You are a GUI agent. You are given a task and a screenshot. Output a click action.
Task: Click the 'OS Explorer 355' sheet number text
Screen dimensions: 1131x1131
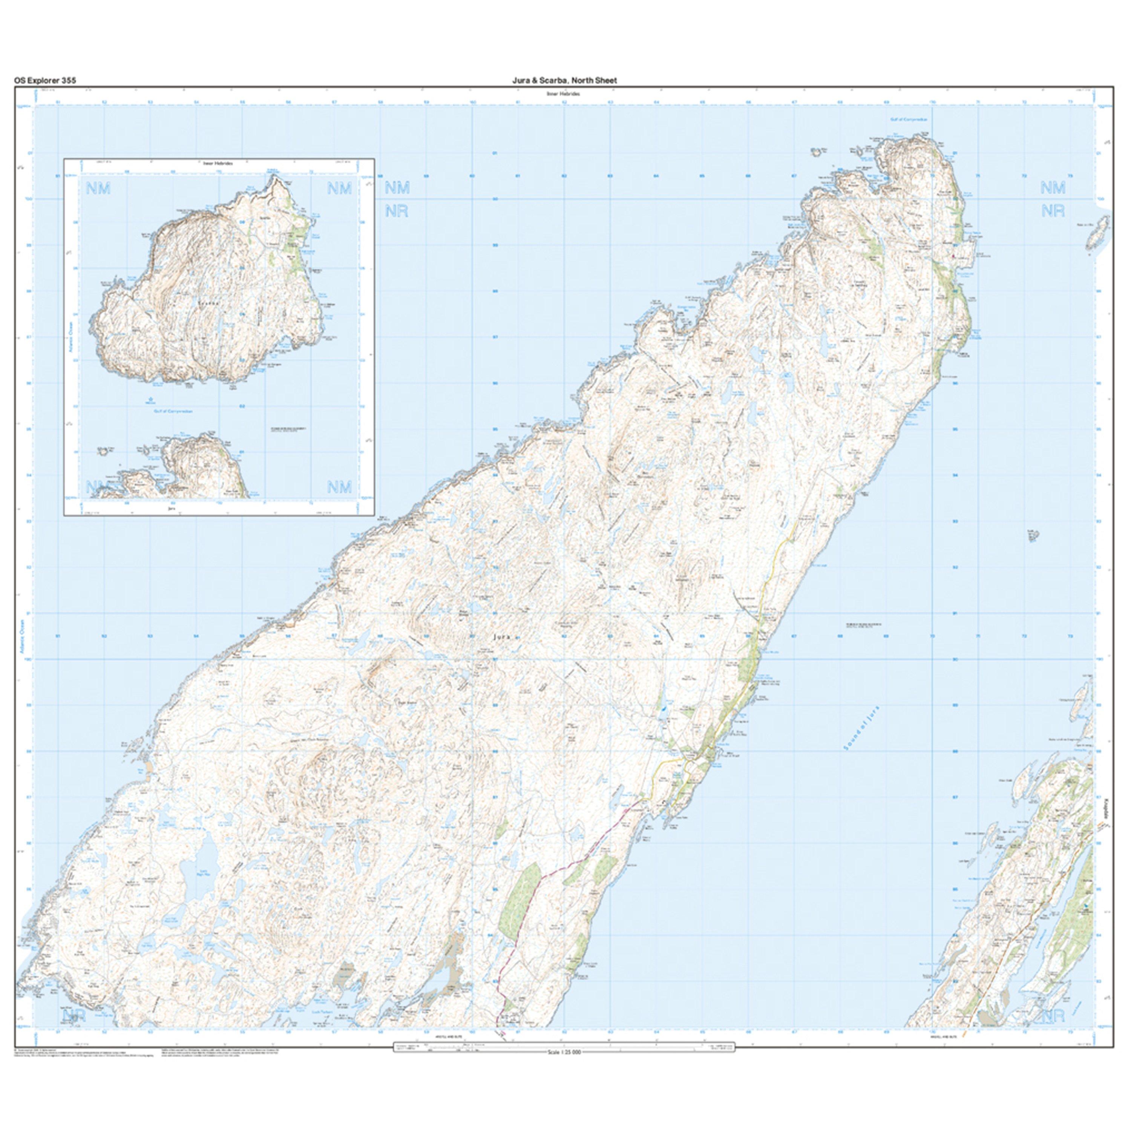click(45, 80)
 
